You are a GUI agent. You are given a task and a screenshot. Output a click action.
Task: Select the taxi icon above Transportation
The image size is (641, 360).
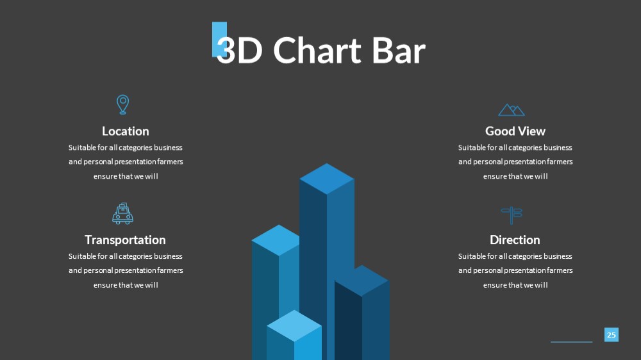point(122,214)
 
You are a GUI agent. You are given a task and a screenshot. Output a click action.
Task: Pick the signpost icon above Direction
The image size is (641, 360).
point(512,215)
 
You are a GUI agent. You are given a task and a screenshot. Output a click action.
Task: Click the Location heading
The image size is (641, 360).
point(126,131)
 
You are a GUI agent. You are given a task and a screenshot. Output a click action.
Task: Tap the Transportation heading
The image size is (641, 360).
point(125,240)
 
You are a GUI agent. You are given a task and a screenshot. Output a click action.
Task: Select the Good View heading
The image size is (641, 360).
point(515,131)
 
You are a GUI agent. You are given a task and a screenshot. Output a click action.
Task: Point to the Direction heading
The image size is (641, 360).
point(515,240)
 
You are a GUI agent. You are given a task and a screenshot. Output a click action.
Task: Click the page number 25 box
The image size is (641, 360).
point(611,334)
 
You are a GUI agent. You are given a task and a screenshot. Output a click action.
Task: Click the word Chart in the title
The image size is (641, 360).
point(317,51)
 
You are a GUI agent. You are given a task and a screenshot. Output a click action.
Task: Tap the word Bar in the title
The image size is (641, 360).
point(399,51)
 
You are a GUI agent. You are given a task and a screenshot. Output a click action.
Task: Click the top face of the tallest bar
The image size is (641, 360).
point(327,179)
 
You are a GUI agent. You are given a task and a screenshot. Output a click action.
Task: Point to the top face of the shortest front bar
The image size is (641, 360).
point(294,325)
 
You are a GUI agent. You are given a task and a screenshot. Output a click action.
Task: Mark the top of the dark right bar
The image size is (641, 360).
point(362,281)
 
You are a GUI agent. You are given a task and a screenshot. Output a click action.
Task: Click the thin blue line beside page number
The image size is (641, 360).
point(572,341)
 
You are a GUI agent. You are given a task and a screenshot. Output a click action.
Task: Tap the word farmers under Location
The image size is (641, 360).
point(170,162)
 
